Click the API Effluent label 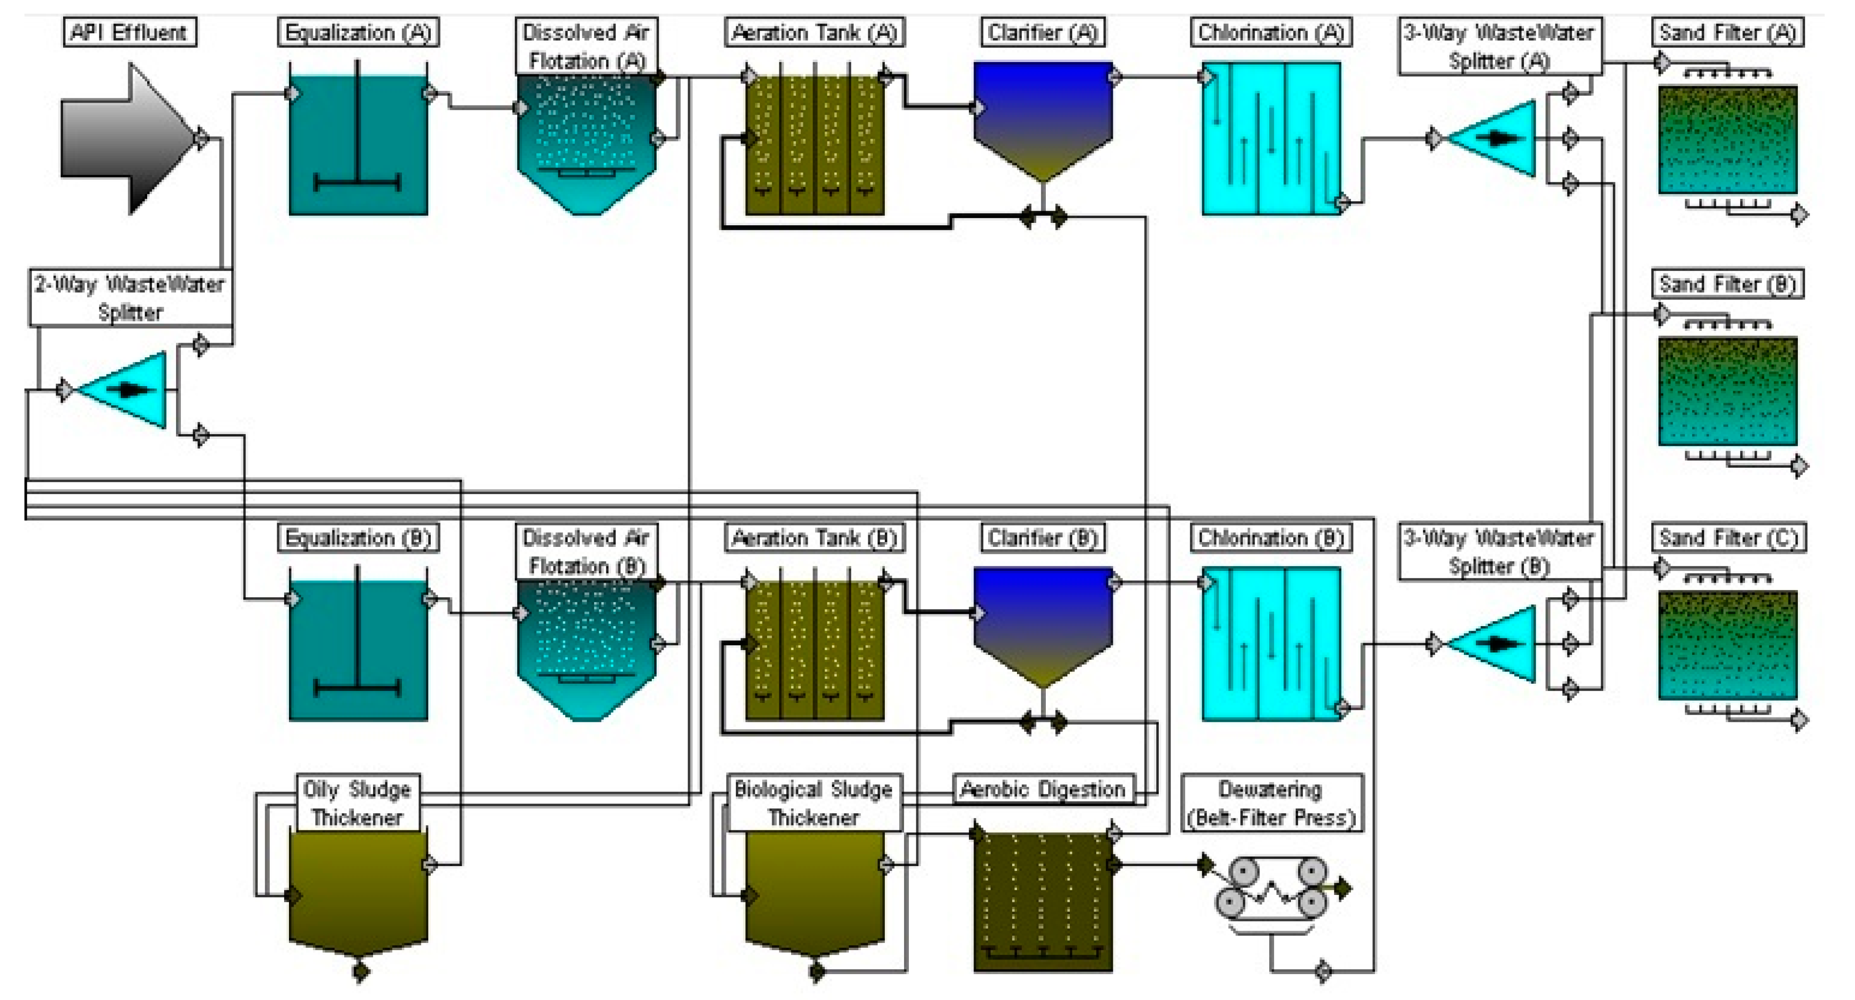point(130,32)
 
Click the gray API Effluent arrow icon point(122,138)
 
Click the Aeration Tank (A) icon point(815,144)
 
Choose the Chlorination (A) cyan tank point(1271,138)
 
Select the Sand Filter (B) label point(1727,284)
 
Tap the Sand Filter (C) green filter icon point(1727,644)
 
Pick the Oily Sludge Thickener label point(358,804)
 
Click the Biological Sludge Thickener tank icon point(815,893)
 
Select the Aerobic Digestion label point(1043,790)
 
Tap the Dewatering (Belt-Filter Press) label point(1271,804)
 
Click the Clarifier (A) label point(1043,32)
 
